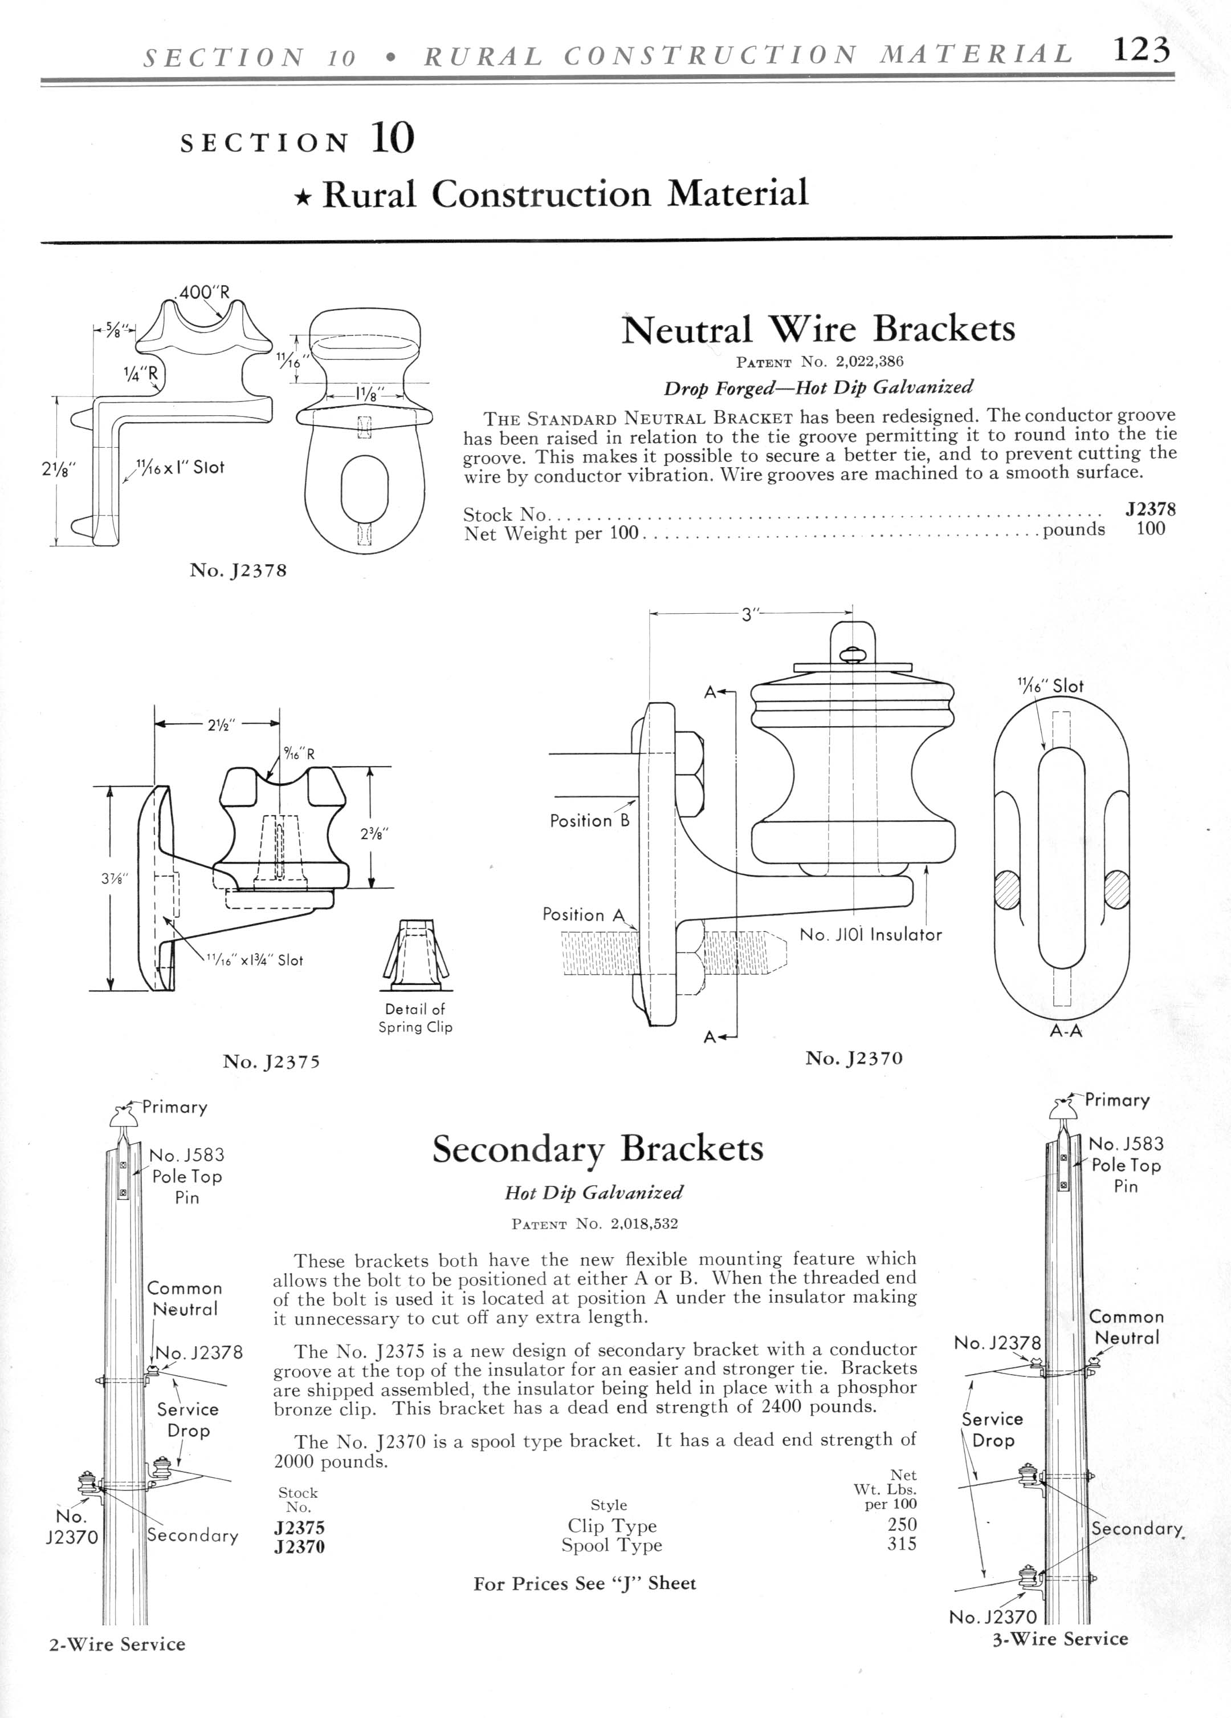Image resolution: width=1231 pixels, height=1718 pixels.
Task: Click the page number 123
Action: pyautogui.click(x=1142, y=51)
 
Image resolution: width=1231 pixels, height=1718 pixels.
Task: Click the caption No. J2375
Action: pyautogui.click(x=271, y=1061)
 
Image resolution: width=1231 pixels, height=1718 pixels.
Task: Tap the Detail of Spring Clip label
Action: pyautogui.click(x=415, y=1018)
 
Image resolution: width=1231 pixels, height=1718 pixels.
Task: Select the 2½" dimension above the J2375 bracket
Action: pyautogui.click(x=222, y=724)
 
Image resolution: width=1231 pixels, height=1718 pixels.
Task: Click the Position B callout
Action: pyautogui.click(x=590, y=820)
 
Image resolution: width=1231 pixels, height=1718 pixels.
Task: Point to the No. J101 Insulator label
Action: pyautogui.click(x=871, y=935)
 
